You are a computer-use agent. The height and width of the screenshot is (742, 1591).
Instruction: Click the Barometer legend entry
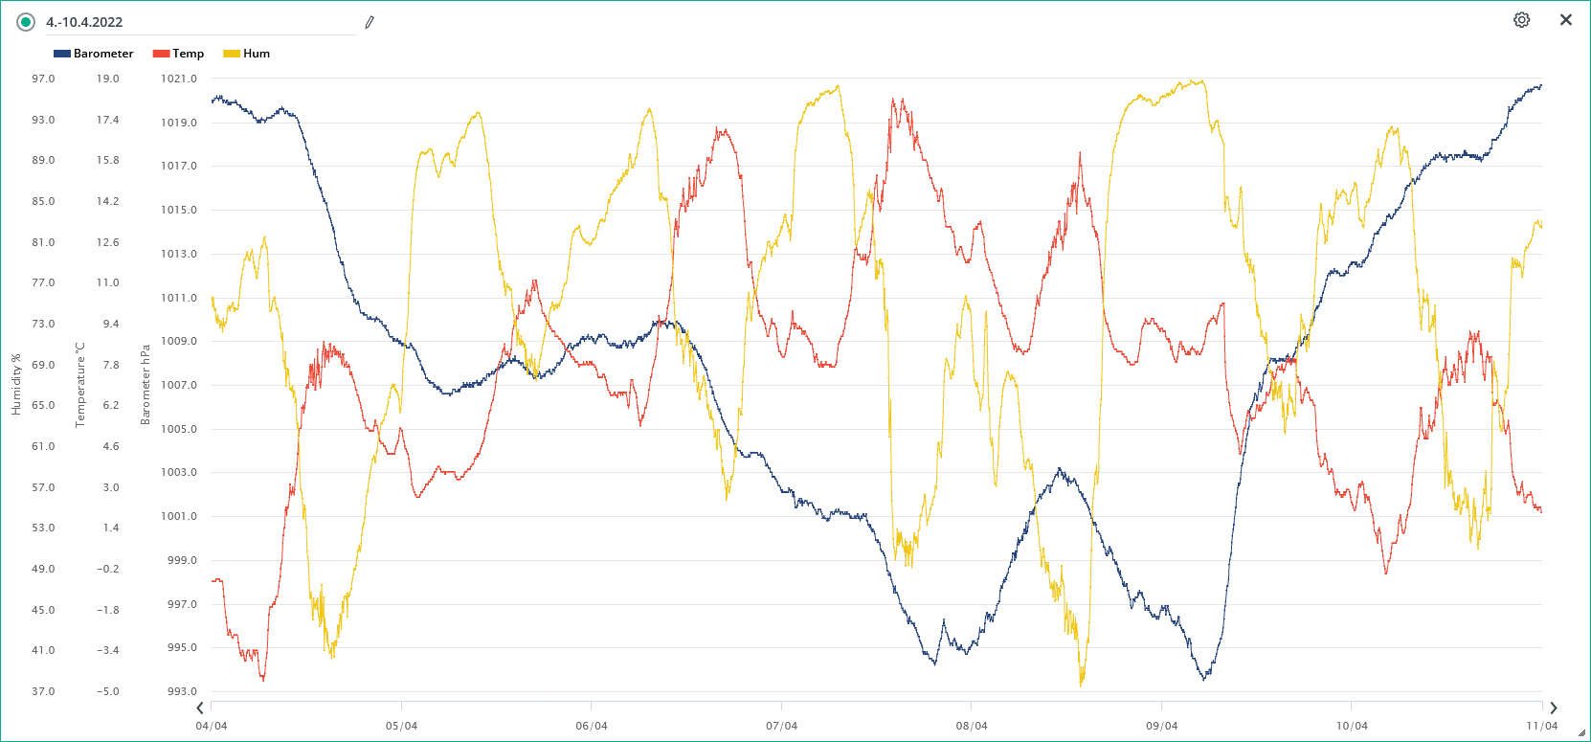click(94, 54)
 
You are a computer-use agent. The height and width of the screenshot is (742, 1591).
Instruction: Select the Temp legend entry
click(179, 54)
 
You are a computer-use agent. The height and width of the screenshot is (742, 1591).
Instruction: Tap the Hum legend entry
click(247, 54)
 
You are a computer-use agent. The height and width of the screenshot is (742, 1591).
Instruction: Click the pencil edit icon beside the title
click(370, 22)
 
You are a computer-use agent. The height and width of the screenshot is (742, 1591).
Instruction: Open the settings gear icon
click(1521, 20)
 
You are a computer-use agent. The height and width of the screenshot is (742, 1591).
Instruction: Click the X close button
click(1566, 20)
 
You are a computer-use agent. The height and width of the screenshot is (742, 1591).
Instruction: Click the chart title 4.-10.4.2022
click(84, 22)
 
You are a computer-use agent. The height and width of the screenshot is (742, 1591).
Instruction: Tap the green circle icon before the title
click(26, 22)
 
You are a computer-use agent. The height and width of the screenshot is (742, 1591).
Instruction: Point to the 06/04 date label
click(592, 726)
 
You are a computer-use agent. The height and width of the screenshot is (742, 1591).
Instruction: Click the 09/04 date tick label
click(1161, 726)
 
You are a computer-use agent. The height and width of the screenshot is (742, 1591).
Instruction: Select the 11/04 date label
click(1541, 726)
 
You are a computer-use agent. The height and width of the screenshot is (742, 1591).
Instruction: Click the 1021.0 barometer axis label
click(179, 79)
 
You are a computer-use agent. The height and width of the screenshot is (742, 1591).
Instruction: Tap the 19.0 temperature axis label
click(107, 79)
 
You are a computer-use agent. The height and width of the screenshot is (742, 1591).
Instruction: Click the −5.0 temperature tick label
click(107, 691)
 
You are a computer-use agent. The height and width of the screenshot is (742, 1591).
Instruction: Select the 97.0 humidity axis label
click(43, 79)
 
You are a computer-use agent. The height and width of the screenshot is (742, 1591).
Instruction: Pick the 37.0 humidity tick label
click(43, 691)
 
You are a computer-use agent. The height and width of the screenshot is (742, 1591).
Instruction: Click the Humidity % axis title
click(16, 385)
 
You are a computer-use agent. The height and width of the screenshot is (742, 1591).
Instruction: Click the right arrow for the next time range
click(1553, 708)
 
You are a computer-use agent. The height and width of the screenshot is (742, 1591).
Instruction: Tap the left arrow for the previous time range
click(199, 708)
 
